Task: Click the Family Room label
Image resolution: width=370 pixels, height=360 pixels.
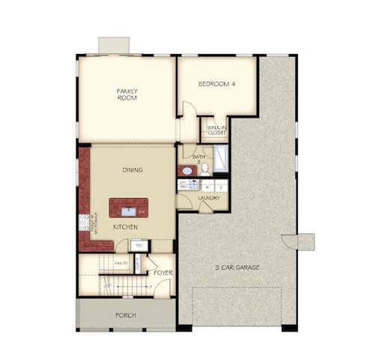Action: (x=127, y=94)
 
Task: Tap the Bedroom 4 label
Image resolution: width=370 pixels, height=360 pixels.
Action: (x=217, y=84)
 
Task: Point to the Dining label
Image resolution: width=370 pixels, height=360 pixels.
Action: (x=133, y=170)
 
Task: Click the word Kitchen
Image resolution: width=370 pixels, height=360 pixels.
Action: (x=124, y=226)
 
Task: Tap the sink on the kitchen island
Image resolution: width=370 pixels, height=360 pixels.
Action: (x=128, y=208)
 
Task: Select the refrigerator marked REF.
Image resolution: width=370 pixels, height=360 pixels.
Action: (x=139, y=244)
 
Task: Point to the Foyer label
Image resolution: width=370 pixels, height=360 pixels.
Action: (x=163, y=273)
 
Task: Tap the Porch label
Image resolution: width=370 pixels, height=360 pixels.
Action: (x=125, y=316)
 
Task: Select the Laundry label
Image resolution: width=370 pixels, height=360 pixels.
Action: (x=209, y=198)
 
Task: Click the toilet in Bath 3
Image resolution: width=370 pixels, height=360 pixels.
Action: (x=204, y=169)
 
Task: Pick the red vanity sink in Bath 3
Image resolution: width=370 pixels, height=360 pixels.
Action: (x=185, y=171)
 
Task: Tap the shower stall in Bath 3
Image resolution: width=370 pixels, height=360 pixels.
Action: (x=222, y=160)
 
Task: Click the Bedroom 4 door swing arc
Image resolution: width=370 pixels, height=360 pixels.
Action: (x=189, y=109)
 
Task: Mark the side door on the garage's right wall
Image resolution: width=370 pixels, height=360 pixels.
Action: (x=304, y=241)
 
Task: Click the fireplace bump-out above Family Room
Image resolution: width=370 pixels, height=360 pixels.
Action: (x=114, y=45)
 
